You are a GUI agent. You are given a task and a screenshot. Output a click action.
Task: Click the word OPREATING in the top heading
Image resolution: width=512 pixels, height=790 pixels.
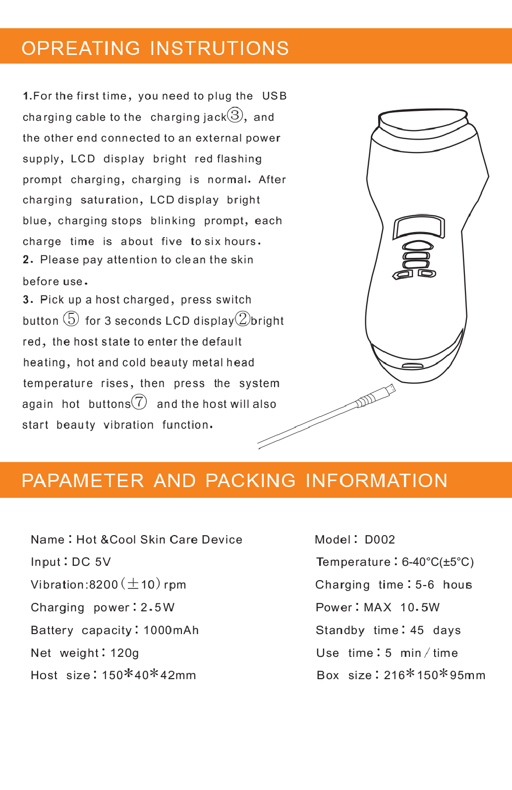81,48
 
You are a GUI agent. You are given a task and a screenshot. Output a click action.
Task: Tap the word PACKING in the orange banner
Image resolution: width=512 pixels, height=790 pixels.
250,481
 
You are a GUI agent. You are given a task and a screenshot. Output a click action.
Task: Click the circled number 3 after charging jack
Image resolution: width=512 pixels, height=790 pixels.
235,115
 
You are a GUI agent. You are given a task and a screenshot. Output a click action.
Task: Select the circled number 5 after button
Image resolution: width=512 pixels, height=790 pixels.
71,319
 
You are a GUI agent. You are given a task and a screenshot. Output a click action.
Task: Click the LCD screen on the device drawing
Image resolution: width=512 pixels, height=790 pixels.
419,228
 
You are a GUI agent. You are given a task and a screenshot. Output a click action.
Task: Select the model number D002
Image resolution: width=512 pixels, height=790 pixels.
380,540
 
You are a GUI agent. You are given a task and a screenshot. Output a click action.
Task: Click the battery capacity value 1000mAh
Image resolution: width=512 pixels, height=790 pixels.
171,630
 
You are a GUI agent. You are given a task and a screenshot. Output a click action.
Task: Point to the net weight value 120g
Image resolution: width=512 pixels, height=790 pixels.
124,653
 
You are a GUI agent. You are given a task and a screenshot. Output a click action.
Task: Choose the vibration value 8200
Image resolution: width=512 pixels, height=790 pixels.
104,585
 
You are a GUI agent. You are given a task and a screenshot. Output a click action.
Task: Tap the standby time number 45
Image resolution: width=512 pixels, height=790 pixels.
417,630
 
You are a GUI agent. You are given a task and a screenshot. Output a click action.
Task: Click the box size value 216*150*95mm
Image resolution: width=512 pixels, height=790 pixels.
434,675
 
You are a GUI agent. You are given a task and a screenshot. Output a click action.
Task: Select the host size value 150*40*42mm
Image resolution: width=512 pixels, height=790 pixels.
149,675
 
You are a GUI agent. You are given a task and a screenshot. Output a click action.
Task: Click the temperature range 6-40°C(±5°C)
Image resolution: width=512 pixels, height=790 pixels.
438,562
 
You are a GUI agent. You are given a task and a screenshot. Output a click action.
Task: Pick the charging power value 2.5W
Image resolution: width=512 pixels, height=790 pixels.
158,607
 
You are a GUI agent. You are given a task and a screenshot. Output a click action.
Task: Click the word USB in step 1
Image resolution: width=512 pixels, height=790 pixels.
275,96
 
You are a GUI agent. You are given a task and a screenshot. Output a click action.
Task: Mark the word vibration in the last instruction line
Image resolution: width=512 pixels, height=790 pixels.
128,425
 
